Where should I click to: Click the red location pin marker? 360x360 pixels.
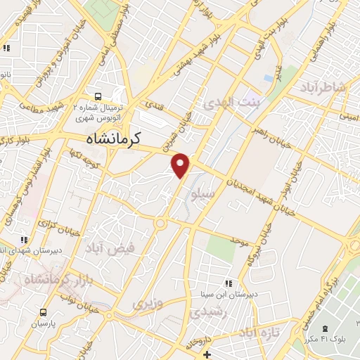coord(181,165)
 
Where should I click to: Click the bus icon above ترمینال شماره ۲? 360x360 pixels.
coord(98,96)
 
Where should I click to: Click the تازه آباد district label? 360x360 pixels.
coord(258,331)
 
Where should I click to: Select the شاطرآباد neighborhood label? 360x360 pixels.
coord(323,86)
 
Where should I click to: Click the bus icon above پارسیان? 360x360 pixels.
coord(44,312)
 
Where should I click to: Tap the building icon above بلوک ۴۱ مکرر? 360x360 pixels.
coord(325,329)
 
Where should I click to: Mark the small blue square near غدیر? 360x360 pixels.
coord(269,77)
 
